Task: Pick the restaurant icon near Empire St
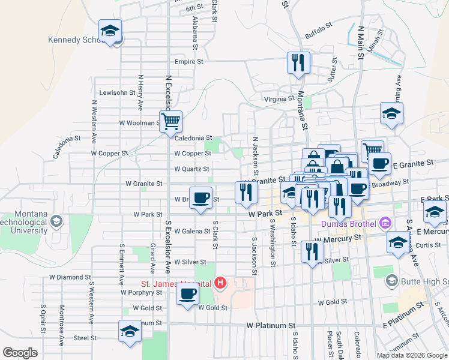[298, 62]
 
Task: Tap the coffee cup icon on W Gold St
[187, 294]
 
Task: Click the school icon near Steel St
[129, 331]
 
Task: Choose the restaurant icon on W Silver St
[312, 251]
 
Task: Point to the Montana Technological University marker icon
[56, 222]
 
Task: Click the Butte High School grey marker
[391, 280]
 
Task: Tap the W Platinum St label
[271, 325]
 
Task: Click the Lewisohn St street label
[118, 93]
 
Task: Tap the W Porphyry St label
[141, 293]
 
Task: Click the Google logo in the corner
[20, 352]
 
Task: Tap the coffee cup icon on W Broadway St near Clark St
[200, 197]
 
